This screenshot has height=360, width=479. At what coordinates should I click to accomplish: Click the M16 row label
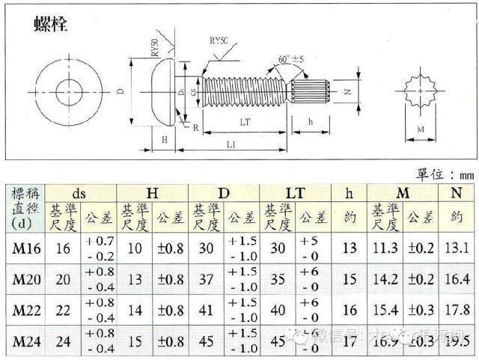(x=25, y=248)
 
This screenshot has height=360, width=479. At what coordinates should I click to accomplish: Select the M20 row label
(x=25, y=279)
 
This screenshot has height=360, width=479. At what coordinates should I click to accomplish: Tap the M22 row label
(x=25, y=310)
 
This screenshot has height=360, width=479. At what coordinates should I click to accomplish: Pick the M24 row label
(x=25, y=341)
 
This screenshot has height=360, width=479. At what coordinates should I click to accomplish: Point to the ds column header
(x=79, y=192)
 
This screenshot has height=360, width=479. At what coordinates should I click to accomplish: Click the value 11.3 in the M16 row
(x=387, y=248)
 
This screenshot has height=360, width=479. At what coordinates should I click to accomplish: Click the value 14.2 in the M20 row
(x=387, y=279)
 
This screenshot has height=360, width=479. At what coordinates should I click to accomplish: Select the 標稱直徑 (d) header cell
(x=25, y=208)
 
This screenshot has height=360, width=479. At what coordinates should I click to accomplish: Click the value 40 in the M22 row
(x=278, y=310)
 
